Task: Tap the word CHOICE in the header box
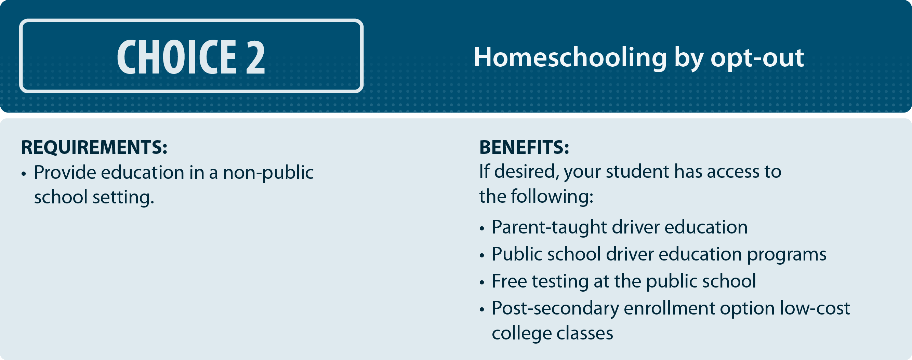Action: tap(177, 57)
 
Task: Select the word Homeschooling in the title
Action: tap(570, 57)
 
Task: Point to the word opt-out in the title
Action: tap(757, 58)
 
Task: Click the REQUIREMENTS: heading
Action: tap(94, 147)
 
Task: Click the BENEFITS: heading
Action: tap(524, 147)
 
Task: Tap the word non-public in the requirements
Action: tap(268, 173)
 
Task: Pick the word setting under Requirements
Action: tap(123, 197)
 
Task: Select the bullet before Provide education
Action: tap(24, 174)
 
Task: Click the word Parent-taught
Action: tap(549, 227)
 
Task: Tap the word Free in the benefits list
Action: tap(510, 281)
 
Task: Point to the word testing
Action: tap(560, 282)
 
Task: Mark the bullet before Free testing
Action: tap(482, 282)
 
